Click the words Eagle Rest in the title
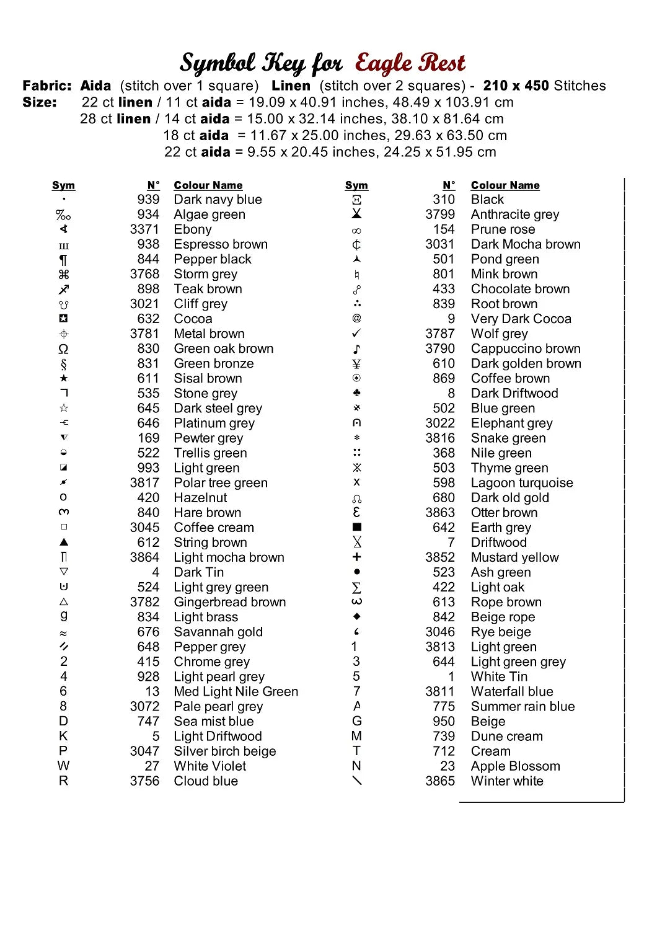click(410, 63)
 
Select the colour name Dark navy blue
click(218, 200)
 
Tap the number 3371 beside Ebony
click(144, 229)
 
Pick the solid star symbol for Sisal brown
click(64, 378)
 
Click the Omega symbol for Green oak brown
click(64, 349)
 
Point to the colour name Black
click(487, 200)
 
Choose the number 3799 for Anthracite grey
click(440, 215)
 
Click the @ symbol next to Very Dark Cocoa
click(356, 318)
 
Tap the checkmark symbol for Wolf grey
click(356, 334)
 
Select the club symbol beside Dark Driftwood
click(356, 393)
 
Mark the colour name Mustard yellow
click(514, 557)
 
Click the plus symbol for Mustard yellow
click(356, 557)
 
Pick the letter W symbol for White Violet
click(64, 766)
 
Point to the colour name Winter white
click(507, 781)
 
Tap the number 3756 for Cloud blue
click(144, 781)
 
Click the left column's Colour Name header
click(208, 185)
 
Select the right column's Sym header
click(356, 185)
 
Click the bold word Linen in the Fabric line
click(291, 86)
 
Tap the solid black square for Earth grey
click(356, 527)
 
